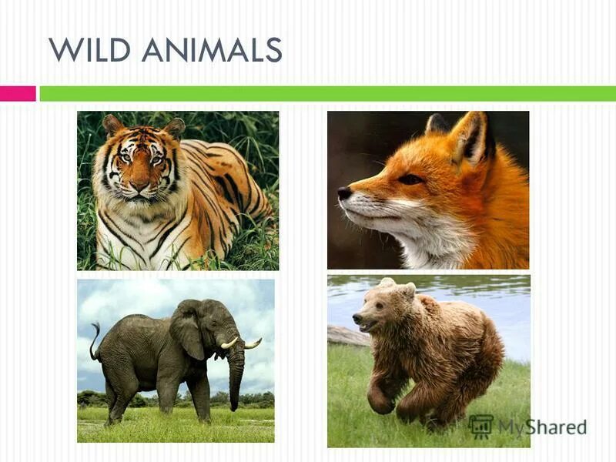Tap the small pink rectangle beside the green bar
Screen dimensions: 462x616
18,93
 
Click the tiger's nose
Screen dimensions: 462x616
139,186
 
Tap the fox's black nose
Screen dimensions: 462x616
344,193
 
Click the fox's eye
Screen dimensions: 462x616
410,179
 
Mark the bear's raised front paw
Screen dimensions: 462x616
380,400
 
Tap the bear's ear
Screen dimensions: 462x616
409,290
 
